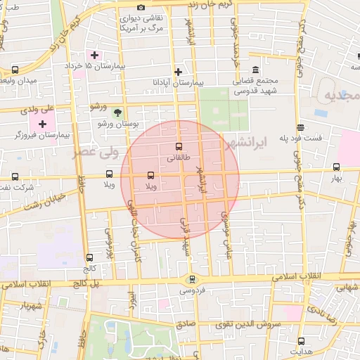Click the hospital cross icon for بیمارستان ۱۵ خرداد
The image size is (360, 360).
(x=94, y=55)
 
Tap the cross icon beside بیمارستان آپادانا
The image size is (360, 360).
(x=179, y=72)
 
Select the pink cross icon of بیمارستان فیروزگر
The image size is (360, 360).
(x=42, y=124)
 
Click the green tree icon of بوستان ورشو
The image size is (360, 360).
(x=118, y=112)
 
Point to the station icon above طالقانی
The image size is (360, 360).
(x=178, y=147)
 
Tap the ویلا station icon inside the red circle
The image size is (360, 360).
(x=150, y=175)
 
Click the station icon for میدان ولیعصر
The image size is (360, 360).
(x=15, y=70)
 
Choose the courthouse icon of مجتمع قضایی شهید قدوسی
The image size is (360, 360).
(x=255, y=70)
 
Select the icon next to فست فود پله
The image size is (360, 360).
(x=301, y=127)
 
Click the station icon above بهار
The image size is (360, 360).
(x=336, y=167)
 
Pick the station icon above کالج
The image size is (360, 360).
(x=89, y=257)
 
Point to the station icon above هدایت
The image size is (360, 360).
(x=301, y=340)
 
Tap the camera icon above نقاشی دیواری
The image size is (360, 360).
(x=141, y=7)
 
